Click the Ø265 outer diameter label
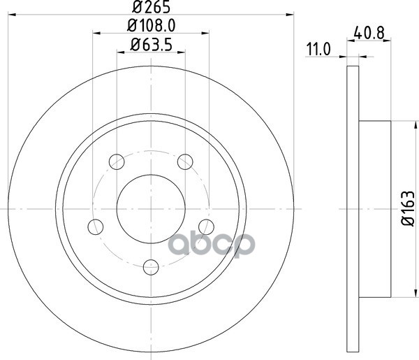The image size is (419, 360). click(152, 7)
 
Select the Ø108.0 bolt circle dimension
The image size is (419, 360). click(152, 26)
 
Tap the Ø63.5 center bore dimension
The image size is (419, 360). click(152, 45)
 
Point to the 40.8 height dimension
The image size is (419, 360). click(369, 34)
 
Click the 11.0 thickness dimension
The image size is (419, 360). click(318, 49)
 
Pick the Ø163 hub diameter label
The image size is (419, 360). click(409, 208)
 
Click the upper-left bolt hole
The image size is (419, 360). click(117, 161)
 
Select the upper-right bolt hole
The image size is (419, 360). click(185, 161)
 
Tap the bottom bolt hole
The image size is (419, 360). click(151, 267)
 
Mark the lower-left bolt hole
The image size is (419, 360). click(96, 226)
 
